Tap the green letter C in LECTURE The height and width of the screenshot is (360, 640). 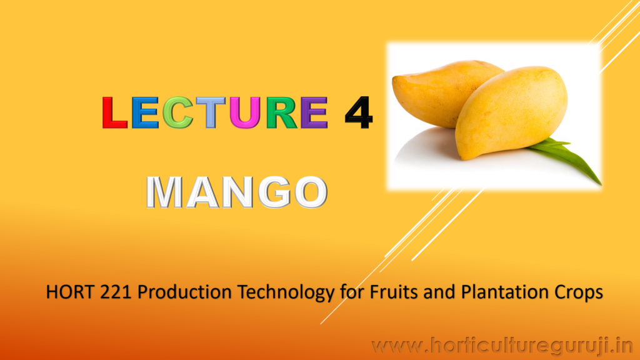click(x=177, y=112)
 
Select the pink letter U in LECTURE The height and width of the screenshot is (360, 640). click(x=245, y=113)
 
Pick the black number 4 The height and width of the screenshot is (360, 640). click(x=358, y=113)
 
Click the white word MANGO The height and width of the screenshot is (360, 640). click(x=237, y=192)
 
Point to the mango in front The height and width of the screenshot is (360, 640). click(x=510, y=112)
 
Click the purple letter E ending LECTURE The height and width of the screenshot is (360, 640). click(x=314, y=113)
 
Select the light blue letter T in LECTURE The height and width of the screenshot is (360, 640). click(x=211, y=113)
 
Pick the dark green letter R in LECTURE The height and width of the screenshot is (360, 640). click(x=282, y=113)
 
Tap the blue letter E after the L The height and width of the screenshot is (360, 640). click(x=145, y=113)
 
